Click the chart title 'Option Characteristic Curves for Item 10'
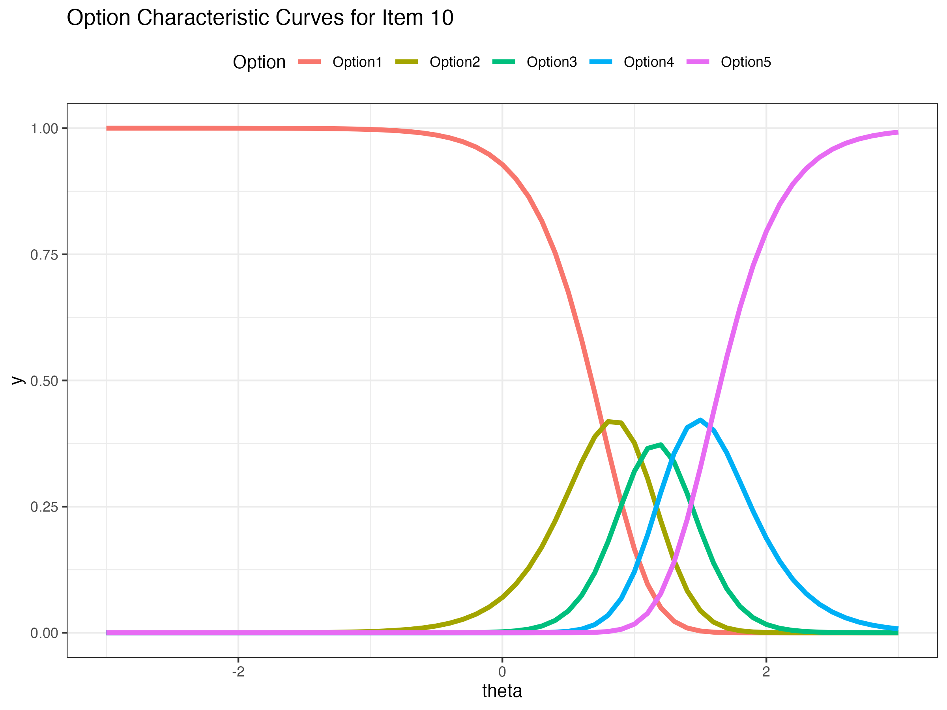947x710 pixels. click(260, 18)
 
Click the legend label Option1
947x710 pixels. click(357, 62)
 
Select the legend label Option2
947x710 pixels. click(454, 62)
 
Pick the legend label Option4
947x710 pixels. click(649, 62)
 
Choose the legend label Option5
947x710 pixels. click(746, 62)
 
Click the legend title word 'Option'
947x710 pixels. click(259, 62)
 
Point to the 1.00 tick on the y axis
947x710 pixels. click(44, 128)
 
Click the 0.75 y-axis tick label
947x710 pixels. click(44, 255)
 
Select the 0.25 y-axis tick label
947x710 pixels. click(44, 507)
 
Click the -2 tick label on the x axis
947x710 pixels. click(238, 672)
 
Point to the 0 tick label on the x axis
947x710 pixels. click(502, 672)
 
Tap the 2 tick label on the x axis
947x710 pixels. click(766, 672)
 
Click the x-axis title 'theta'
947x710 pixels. click(502, 691)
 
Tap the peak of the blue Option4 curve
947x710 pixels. click(700, 420)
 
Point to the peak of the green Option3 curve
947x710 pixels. click(661, 445)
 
